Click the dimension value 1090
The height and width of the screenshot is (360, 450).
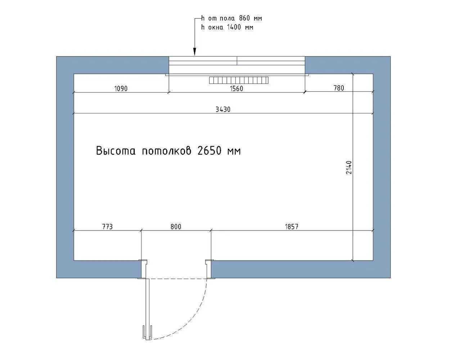[121, 89]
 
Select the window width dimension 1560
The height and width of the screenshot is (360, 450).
[237, 89]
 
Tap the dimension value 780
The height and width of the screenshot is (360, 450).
[339, 88]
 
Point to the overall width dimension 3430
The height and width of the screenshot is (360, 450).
[223, 109]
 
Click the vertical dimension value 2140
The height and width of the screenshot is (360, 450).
[349, 167]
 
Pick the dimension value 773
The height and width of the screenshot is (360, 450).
[107, 226]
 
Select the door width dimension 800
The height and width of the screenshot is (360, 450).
[176, 226]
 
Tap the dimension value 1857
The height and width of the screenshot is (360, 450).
[292, 226]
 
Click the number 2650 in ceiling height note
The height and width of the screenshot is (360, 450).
[209, 150]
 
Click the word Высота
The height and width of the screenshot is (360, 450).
[116, 150]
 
